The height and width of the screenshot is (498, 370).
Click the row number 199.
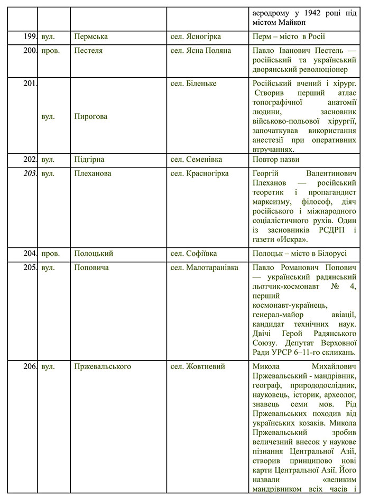tap(30, 36)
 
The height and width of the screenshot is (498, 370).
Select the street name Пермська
tap(91, 36)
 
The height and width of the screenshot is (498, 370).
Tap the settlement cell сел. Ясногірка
tap(196, 36)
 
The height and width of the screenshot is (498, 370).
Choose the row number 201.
tap(30, 84)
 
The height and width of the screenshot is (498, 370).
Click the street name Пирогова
tap(91, 116)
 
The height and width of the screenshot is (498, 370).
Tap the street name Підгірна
tap(90, 159)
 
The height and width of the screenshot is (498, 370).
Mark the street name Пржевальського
tap(103, 366)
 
